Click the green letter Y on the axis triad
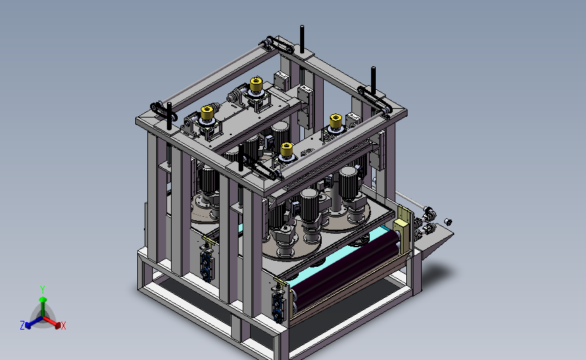43,290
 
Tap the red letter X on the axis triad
63,326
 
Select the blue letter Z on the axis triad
22,326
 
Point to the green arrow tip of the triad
43,299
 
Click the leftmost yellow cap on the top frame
207,112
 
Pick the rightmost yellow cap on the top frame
336,121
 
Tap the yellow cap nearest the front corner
287,149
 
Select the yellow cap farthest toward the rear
256,84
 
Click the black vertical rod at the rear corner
302,39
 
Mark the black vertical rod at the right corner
373,80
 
